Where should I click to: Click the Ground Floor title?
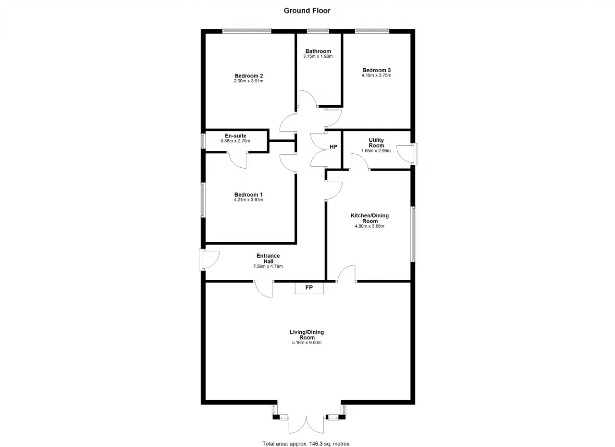click(307, 11)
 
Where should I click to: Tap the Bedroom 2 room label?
click(249, 76)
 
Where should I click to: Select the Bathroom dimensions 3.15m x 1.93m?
click(318, 56)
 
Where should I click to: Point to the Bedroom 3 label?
click(376, 70)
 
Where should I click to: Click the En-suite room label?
click(235, 136)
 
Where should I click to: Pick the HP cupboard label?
click(333, 147)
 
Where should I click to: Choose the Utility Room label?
click(376, 143)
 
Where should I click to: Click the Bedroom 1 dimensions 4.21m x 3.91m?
click(248, 200)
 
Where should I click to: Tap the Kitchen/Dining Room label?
click(369, 218)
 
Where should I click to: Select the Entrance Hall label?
click(268, 259)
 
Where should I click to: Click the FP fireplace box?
click(309, 288)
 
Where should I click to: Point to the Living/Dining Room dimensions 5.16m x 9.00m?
click(307, 343)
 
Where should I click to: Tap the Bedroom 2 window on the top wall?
click(247, 31)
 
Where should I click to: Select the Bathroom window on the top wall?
click(318, 31)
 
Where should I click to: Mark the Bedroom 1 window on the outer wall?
click(203, 200)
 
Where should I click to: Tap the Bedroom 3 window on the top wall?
click(372, 31)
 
